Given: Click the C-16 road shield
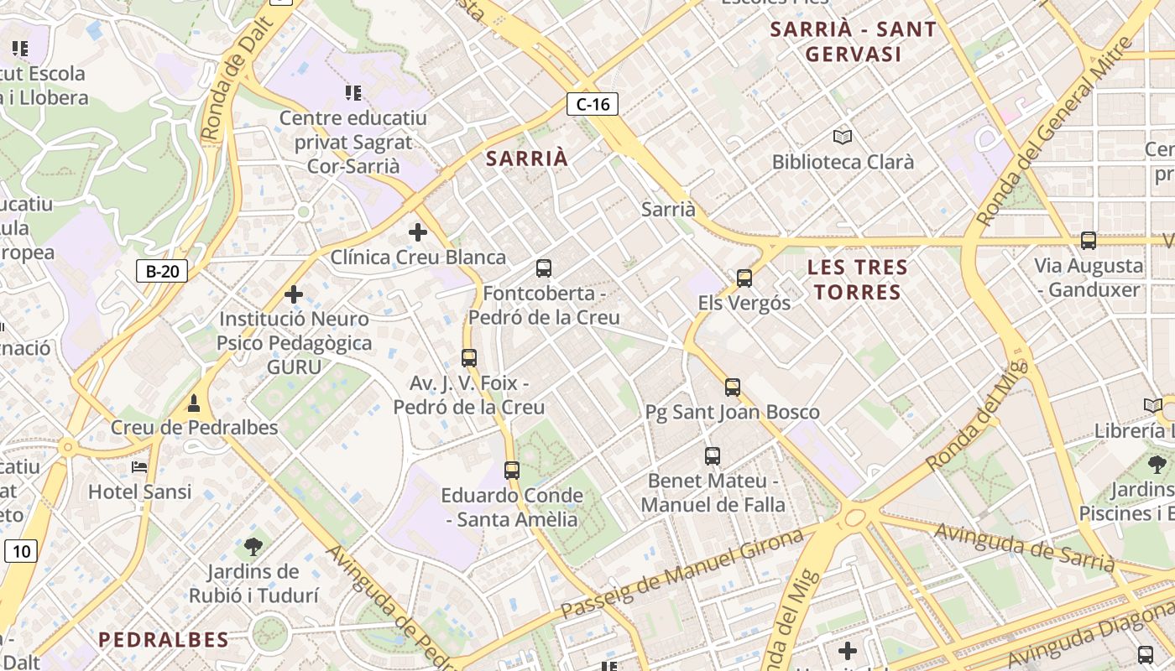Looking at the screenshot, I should [593, 104].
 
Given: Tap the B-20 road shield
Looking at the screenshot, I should [161, 271].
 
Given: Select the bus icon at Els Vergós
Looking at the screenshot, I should [744, 278].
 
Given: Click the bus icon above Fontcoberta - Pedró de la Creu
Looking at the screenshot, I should [544, 268].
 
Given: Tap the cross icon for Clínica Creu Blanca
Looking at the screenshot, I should [417, 232].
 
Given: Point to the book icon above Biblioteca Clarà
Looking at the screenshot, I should [843, 137].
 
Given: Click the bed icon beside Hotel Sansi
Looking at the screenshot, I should [139, 466].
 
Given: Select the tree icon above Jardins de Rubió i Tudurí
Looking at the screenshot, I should [253, 547].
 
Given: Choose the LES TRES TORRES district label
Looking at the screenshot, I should [857, 280].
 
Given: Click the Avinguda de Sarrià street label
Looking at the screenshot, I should [1024, 547].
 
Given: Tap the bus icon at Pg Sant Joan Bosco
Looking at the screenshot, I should [733, 387].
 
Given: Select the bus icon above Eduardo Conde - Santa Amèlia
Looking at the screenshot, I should [512, 470].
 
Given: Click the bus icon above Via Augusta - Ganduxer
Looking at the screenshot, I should [1089, 241].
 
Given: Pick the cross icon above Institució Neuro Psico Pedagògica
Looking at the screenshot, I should [294, 294].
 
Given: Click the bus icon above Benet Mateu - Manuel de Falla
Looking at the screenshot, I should [713, 456].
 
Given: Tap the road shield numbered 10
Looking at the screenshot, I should [21, 551].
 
